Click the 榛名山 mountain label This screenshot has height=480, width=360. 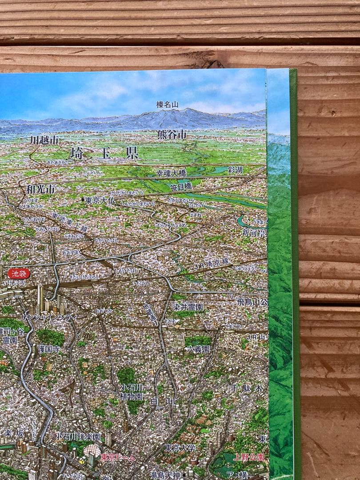(167, 105)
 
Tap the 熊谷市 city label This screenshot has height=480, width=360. (171, 134)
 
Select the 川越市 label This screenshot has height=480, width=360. (44, 140)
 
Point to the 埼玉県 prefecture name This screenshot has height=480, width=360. (104, 153)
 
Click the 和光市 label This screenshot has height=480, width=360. (40, 189)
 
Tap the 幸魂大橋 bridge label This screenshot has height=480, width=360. (171, 173)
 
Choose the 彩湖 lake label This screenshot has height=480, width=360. (236, 170)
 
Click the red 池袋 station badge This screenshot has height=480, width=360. (19, 273)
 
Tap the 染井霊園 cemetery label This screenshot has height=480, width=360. (188, 307)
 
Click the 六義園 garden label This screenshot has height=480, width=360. (198, 349)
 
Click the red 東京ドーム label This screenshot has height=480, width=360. (116, 457)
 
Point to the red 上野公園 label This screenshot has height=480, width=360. (249, 457)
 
